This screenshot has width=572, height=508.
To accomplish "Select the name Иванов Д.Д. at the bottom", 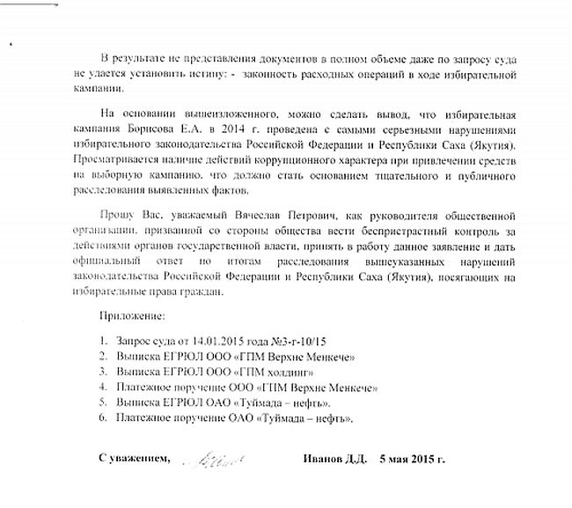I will tap(333, 460).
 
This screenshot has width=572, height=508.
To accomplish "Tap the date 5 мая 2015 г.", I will tap(413, 460).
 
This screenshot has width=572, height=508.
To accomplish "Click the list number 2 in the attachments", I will tap(103, 356).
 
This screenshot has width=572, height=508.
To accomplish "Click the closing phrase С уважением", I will tap(131, 460).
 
